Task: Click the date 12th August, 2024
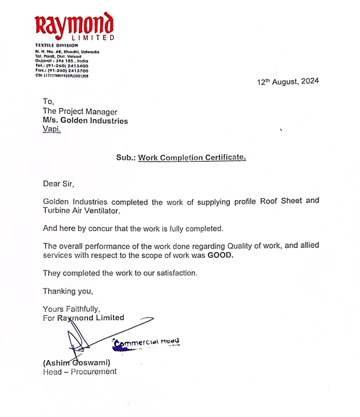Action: [x=288, y=82]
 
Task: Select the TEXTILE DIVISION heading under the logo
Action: [x=56, y=46]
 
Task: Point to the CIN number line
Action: [x=61, y=75]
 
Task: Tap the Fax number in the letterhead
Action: [x=61, y=70]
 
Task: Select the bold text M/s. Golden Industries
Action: [x=85, y=120]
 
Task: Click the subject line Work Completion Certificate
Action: [x=192, y=157]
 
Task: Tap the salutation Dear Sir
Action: [x=59, y=184]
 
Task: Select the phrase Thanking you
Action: [x=68, y=290]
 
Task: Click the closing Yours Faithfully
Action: [x=71, y=309]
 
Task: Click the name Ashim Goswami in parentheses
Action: [x=76, y=363]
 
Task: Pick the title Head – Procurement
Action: [x=79, y=372]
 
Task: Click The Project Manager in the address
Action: [x=80, y=111]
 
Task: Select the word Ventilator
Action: [x=102, y=211]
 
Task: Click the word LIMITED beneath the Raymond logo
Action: [x=93, y=38]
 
